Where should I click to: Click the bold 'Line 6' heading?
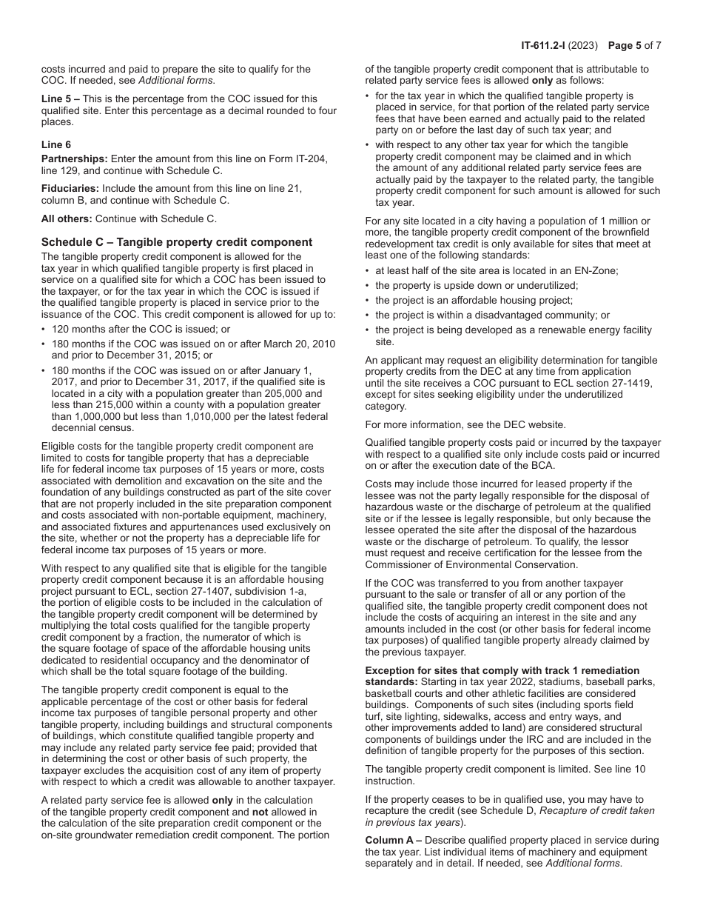click(56, 145)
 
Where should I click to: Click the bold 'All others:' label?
click(67, 218)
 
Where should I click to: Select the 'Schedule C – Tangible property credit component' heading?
click(177, 242)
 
